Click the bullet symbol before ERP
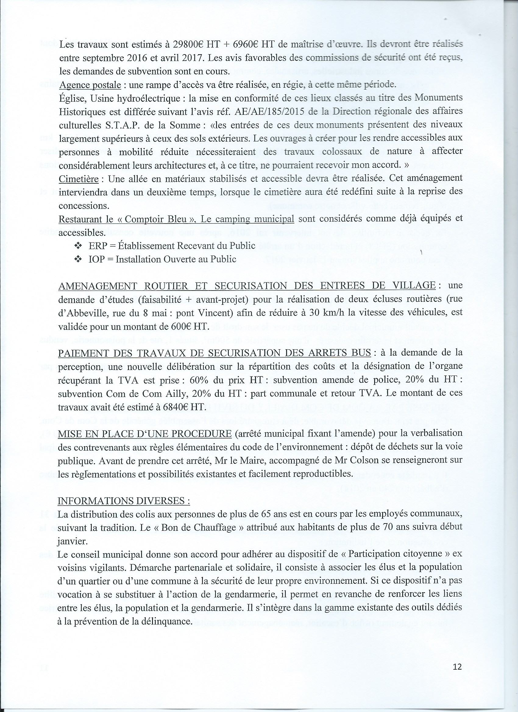pos(78,246)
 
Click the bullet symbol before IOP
pos(78,259)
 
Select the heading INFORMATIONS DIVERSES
pos(124,501)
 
